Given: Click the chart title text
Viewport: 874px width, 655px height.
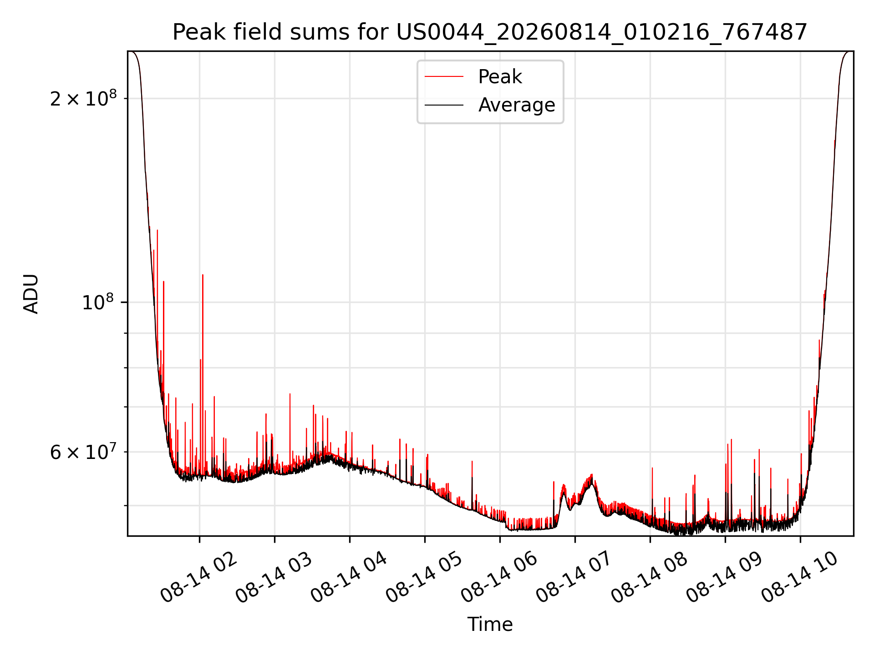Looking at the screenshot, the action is (490, 32).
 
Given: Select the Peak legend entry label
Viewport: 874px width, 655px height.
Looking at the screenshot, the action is (500, 77).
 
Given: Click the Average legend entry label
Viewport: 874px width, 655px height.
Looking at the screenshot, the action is (517, 105).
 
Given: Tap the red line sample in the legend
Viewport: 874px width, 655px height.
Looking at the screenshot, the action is (444, 77).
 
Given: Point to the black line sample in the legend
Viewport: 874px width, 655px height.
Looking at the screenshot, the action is (444, 105).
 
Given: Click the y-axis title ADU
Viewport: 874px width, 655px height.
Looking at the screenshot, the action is (31, 294).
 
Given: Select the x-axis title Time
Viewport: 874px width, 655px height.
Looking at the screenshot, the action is (490, 625).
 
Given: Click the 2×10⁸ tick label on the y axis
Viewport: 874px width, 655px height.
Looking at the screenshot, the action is (83, 98).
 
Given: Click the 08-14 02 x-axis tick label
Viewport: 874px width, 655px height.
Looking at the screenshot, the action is (199, 577).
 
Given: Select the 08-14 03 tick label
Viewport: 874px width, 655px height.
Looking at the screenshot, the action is (274, 577).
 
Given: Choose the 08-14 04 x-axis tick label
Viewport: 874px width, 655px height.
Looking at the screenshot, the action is (349, 577).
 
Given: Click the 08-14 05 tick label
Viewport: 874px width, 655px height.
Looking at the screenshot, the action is (424, 577).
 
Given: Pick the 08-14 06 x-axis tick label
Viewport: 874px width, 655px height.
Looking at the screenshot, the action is (499, 577).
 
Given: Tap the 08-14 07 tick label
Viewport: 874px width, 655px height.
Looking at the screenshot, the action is (574, 577).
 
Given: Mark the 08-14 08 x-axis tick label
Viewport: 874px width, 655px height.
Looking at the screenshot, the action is (650, 577).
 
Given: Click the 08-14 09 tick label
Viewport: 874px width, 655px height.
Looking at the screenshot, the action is (725, 577).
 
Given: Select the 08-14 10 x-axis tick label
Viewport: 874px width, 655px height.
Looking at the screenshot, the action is (800, 577).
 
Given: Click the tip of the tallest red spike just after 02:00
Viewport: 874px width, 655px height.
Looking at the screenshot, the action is (203, 275).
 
